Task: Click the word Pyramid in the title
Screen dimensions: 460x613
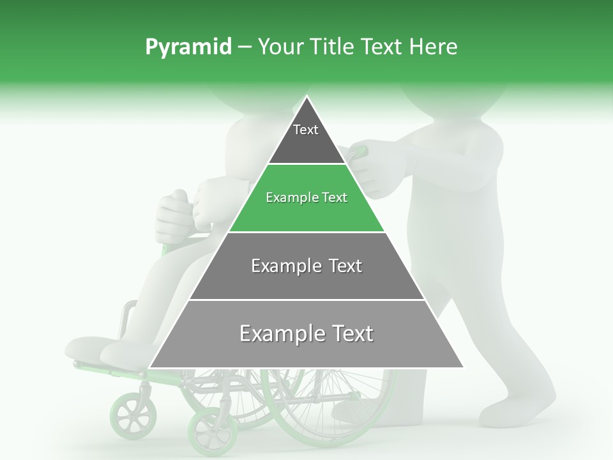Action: [188, 47]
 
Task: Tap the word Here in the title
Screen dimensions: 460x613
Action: [434, 47]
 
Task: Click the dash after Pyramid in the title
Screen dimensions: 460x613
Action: [244, 47]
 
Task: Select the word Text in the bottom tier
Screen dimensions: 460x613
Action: [349, 333]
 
